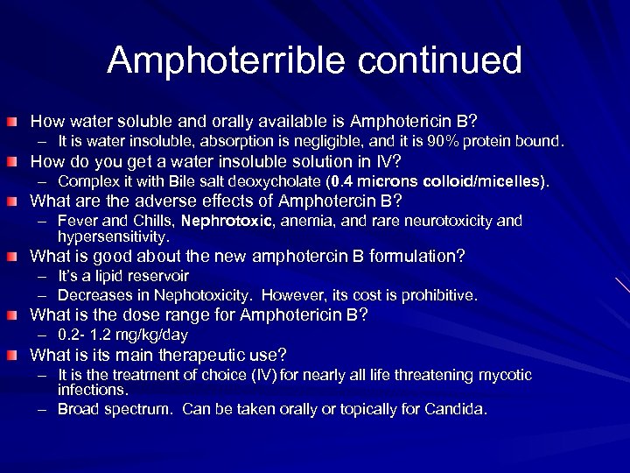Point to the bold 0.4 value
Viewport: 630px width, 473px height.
[344, 181]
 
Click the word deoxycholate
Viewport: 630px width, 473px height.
[276, 181]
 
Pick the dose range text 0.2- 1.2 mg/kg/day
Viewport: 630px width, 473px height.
[122, 335]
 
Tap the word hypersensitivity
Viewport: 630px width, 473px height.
[113, 236]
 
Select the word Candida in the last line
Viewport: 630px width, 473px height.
[460, 409]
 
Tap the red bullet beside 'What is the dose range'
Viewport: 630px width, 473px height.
[18, 315]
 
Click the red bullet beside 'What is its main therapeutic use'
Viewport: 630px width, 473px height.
[18, 356]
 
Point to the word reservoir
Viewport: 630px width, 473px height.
[161, 275]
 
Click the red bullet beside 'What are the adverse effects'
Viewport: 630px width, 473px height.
[18, 201]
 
